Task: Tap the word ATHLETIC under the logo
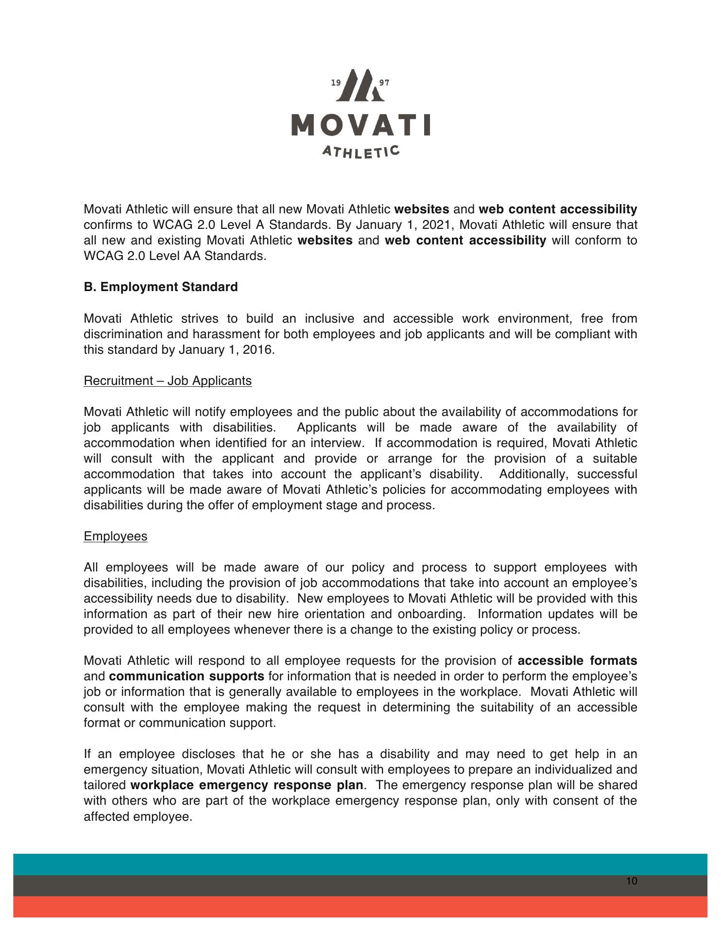coord(360,152)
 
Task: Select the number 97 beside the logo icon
coord(384,83)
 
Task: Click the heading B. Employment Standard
coord(161,287)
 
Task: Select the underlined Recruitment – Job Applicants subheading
coord(168,380)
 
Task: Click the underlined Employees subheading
coord(116,536)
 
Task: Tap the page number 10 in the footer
coord(632,881)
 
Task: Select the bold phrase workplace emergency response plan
coord(247,785)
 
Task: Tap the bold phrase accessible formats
coord(577,661)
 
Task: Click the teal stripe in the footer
coord(360,864)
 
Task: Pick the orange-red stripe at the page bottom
coord(360,907)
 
